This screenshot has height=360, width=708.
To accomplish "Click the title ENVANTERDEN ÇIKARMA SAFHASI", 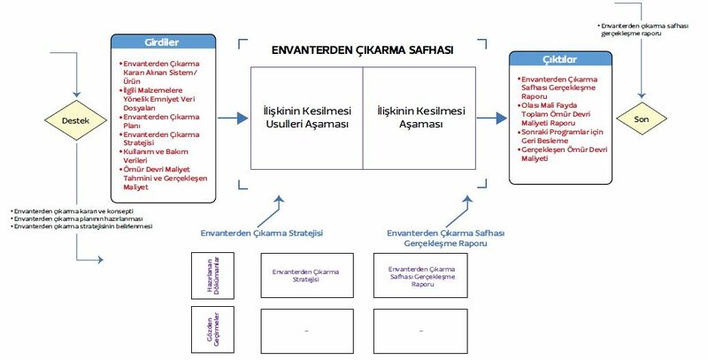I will click(x=363, y=51).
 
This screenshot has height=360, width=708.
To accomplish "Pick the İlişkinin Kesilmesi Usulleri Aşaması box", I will click(x=306, y=118).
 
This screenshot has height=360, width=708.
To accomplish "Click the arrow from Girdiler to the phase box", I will click(x=232, y=118).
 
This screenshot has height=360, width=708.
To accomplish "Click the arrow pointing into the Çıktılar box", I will click(x=490, y=118).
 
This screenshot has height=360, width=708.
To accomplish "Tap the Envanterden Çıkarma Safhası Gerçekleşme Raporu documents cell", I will click(x=421, y=275).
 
